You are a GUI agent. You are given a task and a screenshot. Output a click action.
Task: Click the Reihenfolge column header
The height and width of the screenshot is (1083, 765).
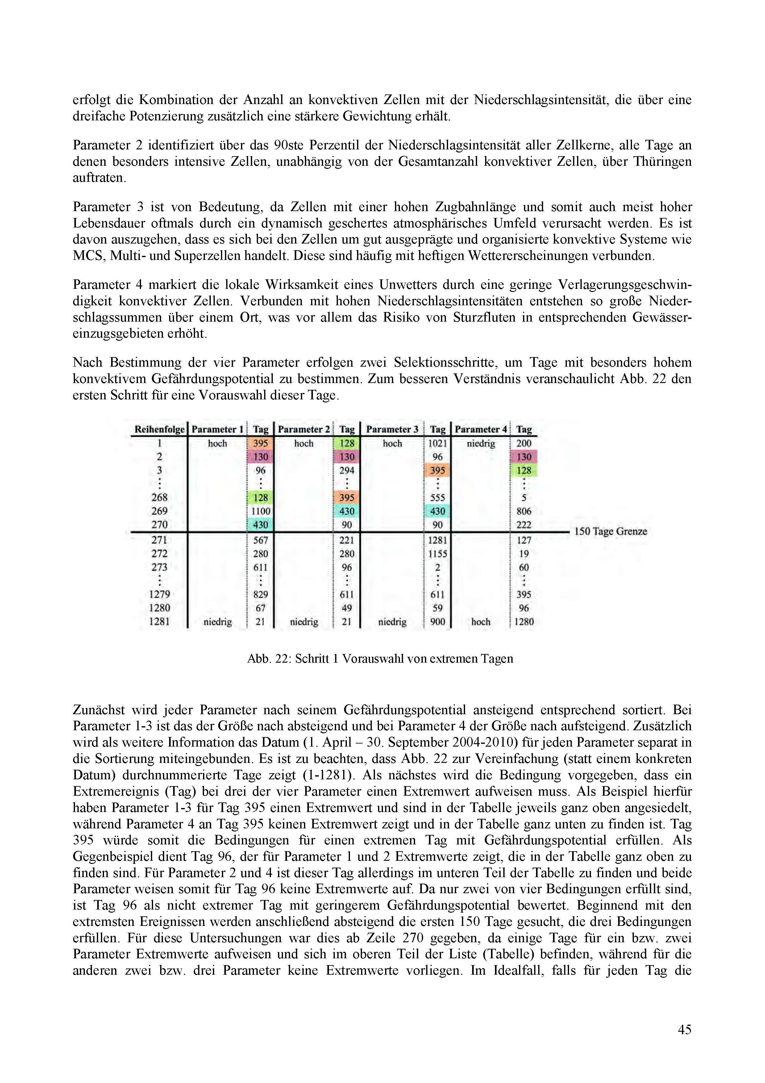(x=159, y=429)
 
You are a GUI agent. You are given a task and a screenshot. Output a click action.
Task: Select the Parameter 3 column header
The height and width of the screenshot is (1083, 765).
(x=392, y=429)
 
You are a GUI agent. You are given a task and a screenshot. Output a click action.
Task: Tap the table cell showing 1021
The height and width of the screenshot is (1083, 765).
(x=437, y=444)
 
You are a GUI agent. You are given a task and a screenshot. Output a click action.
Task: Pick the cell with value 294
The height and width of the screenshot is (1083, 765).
(x=347, y=470)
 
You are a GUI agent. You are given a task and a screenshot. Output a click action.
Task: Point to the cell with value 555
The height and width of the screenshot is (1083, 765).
(x=437, y=498)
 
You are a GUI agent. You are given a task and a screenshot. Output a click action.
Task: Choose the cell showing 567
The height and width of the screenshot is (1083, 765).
(x=260, y=540)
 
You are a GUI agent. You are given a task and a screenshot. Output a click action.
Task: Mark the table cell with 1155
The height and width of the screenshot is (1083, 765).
(x=437, y=554)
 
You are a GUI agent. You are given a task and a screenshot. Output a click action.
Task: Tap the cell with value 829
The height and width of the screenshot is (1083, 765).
(x=260, y=594)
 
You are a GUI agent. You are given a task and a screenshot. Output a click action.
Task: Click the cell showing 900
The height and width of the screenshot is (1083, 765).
(x=437, y=622)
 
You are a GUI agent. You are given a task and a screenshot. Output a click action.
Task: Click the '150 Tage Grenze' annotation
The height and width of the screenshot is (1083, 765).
(x=610, y=531)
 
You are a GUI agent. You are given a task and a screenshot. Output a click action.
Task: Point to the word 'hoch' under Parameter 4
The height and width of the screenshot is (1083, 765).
(x=480, y=622)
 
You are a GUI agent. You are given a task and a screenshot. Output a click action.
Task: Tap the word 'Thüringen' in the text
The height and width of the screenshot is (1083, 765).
(x=662, y=161)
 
